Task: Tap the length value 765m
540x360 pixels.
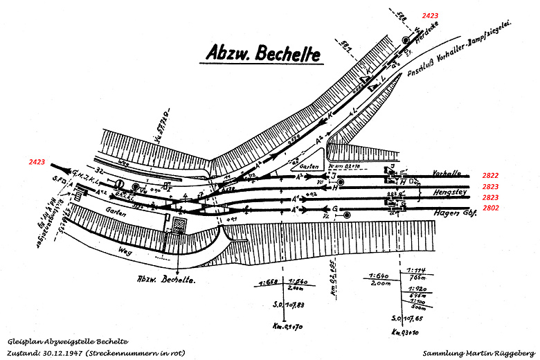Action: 417,277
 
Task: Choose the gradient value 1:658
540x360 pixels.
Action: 267,282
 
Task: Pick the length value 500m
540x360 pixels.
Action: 418,307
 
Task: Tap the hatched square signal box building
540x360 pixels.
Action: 181,226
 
